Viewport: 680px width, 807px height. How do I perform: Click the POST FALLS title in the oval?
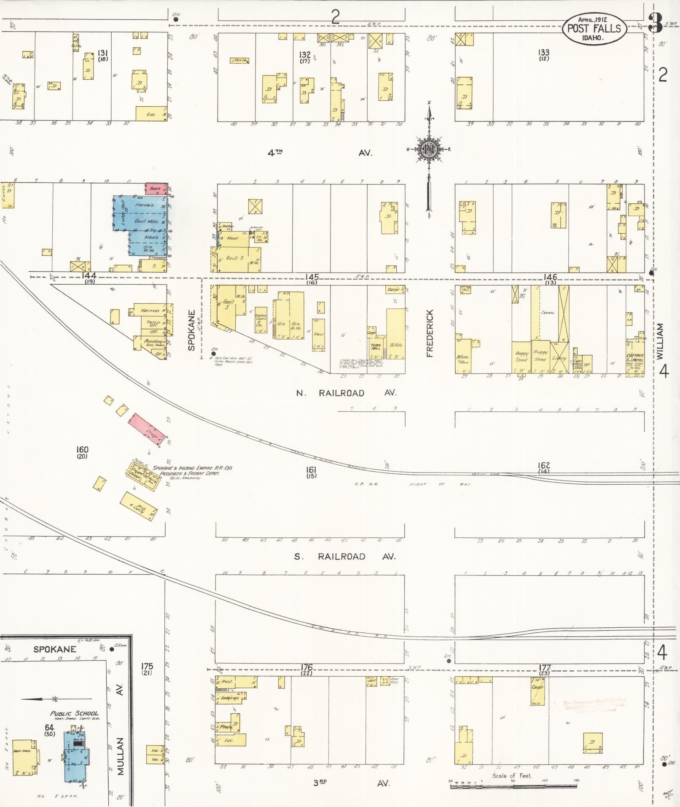[594, 28]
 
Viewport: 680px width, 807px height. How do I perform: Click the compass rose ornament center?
[429, 148]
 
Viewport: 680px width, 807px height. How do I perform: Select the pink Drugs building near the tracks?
[149, 429]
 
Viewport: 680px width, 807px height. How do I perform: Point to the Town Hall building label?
[376, 347]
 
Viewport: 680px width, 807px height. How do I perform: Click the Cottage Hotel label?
[635, 358]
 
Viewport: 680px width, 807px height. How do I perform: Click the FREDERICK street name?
[430, 333]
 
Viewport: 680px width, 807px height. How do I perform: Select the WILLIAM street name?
[660, 341]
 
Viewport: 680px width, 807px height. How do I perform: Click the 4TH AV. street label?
[320, 153]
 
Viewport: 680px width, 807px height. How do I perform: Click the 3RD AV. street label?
[351, 783]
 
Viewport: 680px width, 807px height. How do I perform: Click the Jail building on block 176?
[371, 681]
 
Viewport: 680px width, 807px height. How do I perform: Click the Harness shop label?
[150, 310]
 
